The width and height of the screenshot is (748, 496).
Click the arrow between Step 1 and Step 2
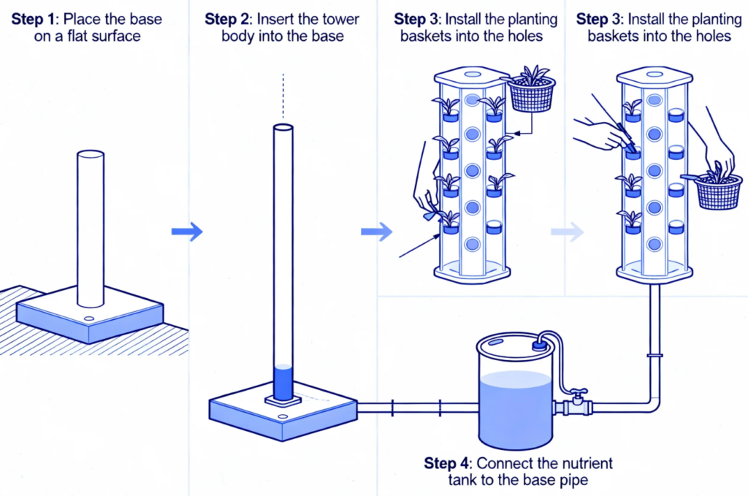(x=186, y=232)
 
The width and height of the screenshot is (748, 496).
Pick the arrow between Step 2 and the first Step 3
(x=376, y=232)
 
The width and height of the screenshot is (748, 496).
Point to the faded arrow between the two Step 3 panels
(x=568, y=232)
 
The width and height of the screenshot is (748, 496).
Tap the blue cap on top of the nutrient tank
(x=540, y=343)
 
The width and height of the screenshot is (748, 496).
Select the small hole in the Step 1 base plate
(x=88, y=320)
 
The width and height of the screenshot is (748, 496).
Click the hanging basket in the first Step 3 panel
(x=532, y=94)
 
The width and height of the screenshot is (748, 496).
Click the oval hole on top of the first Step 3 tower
(x=470, y=75)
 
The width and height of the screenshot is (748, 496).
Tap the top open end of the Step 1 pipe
(x=91, y=155)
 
